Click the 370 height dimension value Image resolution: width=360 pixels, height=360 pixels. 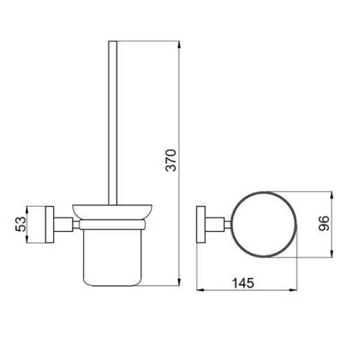(171, 160)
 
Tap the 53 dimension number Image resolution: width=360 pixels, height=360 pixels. (21, 224)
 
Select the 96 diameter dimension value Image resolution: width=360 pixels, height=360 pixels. (324, 223)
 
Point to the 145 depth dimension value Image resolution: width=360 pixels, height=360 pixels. (243, 283)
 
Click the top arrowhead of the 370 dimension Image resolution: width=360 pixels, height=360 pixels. (179, 45)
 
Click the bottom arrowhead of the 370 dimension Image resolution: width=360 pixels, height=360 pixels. (179, 282)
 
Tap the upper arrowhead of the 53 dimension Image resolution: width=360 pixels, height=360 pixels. (27, 210)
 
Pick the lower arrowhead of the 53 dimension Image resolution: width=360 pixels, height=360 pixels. (27, 239)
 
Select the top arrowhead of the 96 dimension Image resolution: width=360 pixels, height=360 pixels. (332, 194)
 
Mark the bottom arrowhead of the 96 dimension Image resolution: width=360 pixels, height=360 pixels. (332, 253)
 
